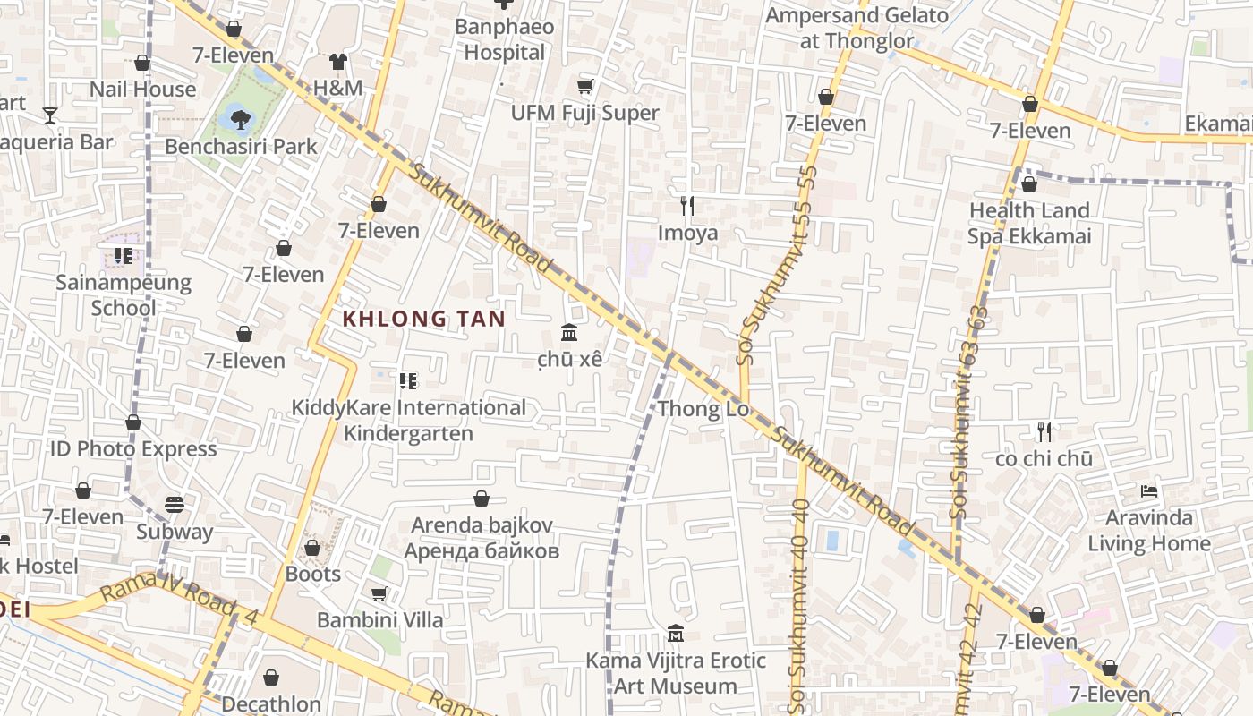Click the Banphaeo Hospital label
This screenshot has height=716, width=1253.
504,39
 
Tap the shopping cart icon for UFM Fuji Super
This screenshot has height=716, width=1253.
585,87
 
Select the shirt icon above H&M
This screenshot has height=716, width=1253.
337,61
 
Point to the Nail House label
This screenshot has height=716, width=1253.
142,89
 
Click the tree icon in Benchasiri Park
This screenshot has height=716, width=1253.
239,116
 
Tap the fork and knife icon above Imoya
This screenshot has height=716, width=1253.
687,206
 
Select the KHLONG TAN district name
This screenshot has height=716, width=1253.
424,319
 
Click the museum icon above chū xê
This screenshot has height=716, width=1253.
569,333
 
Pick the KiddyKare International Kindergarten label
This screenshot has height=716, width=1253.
409,421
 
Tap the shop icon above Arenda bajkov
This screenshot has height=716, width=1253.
482,499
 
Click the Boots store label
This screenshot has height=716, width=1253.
313,574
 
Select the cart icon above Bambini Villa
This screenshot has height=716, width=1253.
379,593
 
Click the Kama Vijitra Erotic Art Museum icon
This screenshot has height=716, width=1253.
676,634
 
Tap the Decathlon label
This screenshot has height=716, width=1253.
271,704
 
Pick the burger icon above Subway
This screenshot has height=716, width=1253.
175,505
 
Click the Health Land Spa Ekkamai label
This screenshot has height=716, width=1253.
1029,224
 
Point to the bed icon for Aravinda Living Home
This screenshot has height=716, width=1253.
1149,491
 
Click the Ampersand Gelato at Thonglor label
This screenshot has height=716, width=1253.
857,28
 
